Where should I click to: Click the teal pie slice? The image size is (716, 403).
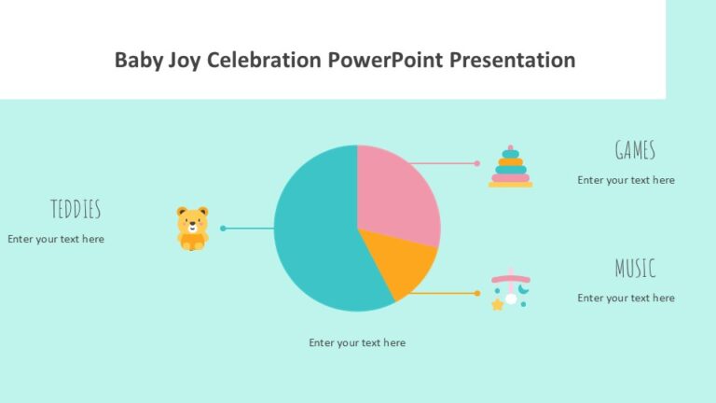click(x=312, y=233)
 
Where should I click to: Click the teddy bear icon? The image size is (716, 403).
click(x=192, y=229)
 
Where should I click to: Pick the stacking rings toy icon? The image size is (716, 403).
click(x=510, y=167)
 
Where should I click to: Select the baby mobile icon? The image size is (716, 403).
click(x=510, y=290)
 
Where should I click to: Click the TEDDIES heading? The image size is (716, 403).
click(x=76, y=209)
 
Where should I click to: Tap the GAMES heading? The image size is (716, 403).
click(x=635, y=150)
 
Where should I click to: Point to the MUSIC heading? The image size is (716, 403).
click(x=635, y=269)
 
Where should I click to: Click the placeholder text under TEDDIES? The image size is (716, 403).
click(x=56, y=239)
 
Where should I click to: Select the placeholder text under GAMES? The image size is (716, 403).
click(x=626, y=180)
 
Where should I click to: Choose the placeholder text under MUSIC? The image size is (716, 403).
click(x=626, y=298)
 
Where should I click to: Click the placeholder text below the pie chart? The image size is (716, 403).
click(x=357, y=342)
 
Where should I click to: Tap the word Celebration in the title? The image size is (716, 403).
click(x=263, y=61)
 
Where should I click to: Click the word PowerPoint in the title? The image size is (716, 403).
click(x=386, y=61)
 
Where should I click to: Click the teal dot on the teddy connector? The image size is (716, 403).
click(x=223, y=228)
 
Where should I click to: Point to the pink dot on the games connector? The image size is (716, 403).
click(x=477, y=163)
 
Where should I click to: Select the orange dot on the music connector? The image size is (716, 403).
click(x=477, y=293)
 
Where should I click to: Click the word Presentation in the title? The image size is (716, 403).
click(x=512, y=61)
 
